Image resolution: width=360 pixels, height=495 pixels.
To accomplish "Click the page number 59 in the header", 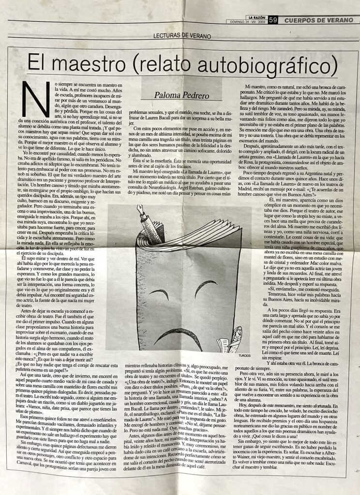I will (x=273, y=20).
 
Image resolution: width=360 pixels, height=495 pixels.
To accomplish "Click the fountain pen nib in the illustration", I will (x=140, y=209).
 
